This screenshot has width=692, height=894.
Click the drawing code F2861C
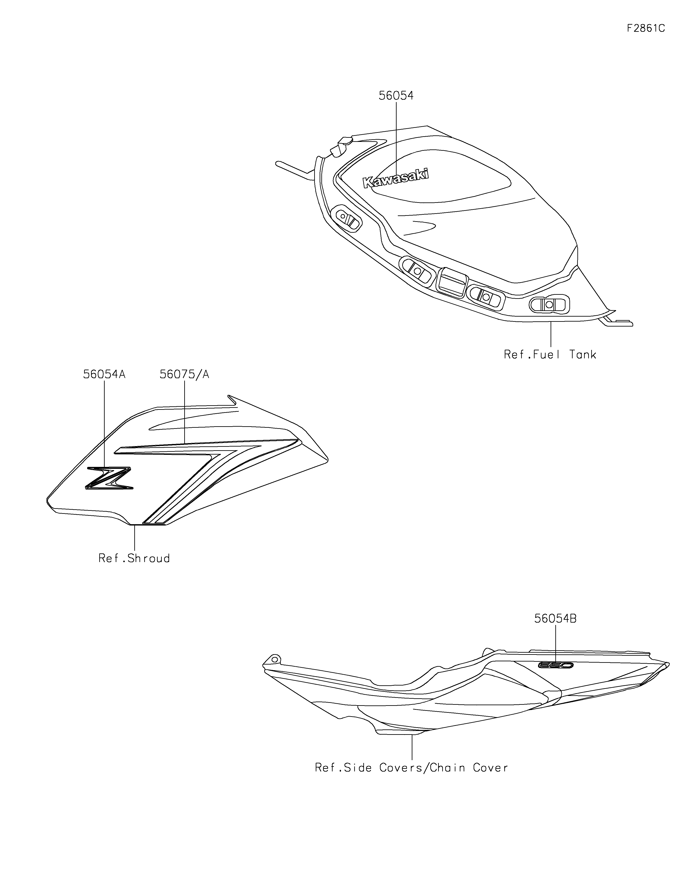[x=646, y=28]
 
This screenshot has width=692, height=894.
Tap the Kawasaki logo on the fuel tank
[x=396, y=178]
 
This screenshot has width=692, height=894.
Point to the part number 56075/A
[x=184, y=374]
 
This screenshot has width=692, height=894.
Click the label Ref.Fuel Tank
[x=550, y=354]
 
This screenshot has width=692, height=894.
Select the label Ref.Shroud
[x=134, y=558]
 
